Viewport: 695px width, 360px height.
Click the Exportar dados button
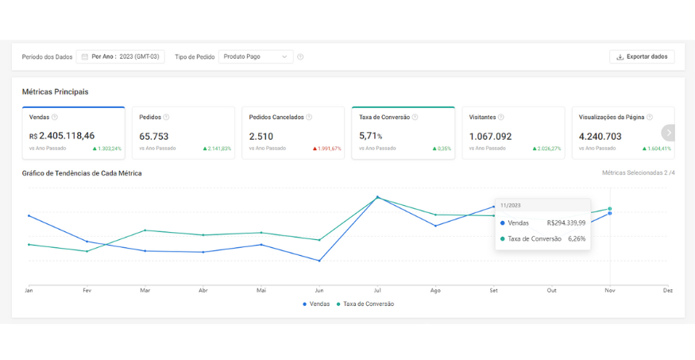[642, 56]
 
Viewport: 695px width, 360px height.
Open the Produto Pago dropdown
[256, 56]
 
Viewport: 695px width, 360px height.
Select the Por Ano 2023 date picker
[121, 56]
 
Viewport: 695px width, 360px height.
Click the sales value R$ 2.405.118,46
[62, 136]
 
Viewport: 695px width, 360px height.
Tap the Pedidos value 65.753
[154, 137]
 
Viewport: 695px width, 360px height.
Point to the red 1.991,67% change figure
[327, 149]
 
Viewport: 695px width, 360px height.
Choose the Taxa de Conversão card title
[384, 118]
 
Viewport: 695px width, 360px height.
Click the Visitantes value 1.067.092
[490, 137]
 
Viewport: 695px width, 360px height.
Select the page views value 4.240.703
[600, 137]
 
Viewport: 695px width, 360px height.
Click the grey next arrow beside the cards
[669, 133]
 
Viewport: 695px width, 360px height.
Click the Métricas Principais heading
[55, 91]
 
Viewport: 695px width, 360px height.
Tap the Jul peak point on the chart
[377, 197]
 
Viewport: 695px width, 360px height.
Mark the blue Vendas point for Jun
[319, 261]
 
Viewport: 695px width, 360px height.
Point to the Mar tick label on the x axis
[145, 291]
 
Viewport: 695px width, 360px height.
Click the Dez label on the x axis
[668, 291]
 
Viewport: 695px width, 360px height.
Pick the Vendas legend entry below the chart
[316, 304]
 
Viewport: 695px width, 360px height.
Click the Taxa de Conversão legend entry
[365, 304]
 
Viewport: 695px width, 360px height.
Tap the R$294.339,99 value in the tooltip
[566, 223]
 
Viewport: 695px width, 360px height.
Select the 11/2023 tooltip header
[511, 205]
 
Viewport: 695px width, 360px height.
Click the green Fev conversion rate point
[87, 251]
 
